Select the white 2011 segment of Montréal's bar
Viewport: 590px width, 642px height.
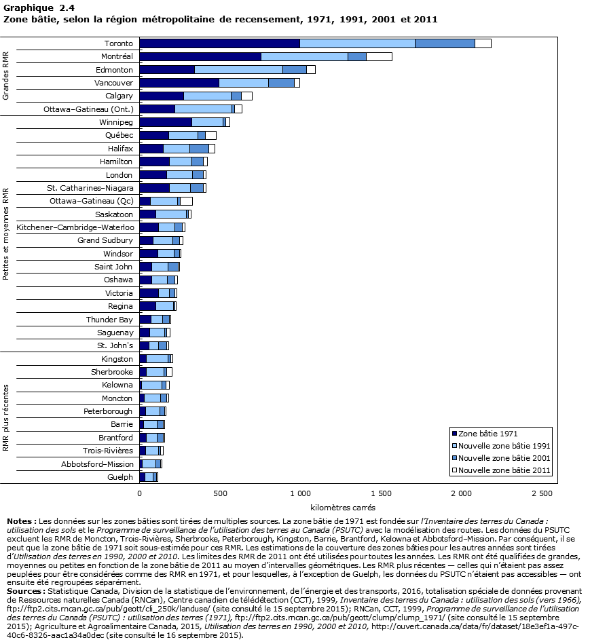click(x=379, y=56)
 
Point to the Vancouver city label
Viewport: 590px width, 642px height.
click(x=113, y=82)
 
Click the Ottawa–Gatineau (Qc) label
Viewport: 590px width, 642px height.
click(x=92, y=201)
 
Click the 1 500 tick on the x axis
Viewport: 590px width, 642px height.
click(x=381, y=492)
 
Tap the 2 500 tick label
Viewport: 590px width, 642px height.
click(x=542, y=492)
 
